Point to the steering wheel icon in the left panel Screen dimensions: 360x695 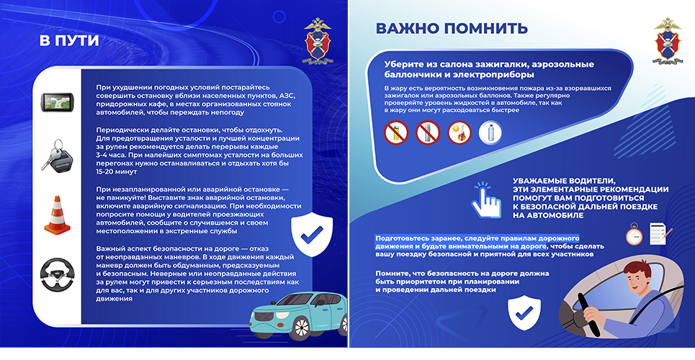coord(57,272)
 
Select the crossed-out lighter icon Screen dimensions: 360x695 coord(397,132)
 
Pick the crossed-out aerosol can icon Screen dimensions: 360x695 coord(427,132)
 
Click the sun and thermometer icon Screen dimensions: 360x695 coord(458,132)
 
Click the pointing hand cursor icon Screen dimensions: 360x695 coord(487,199)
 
